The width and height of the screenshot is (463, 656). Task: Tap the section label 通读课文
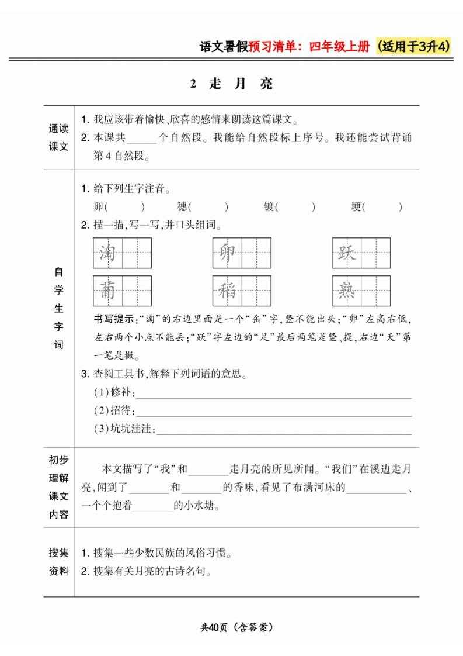58,138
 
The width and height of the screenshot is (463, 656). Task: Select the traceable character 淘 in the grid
107,253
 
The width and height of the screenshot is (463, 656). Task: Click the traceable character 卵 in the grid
227,253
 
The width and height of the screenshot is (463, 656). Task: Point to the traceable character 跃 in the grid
347,253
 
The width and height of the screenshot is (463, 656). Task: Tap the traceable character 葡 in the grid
107,291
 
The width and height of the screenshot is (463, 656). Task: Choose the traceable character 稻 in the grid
227,291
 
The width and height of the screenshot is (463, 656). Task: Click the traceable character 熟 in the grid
347,291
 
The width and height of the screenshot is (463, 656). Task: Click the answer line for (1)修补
273,397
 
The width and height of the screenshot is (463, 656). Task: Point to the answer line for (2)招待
273,415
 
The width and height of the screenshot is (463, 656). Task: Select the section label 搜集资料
58,561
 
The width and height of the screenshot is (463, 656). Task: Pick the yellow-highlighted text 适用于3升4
415,47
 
